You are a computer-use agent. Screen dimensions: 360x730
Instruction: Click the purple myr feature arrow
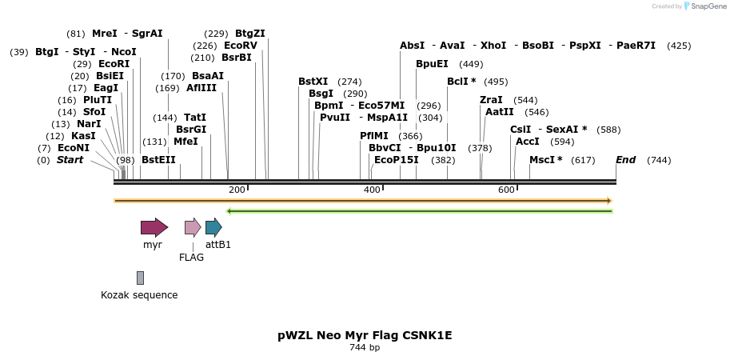tap(154, 227)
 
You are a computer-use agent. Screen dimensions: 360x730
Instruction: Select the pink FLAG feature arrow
tap(193, 227)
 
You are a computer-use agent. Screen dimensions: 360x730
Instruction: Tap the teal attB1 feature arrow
tap(213, 227)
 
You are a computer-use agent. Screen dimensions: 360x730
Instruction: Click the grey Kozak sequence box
tap(140, 278)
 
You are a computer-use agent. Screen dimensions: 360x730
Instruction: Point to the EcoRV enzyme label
tap(240, 46)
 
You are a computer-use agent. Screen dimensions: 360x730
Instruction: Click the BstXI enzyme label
tap(313, 82)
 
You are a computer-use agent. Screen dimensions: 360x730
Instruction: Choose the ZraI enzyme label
tap(491, 100)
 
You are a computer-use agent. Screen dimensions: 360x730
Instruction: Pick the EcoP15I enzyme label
tap(396, 160)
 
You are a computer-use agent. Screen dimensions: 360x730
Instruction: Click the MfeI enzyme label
tap(185, 142)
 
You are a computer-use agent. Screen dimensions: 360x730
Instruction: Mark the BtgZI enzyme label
tap(249, 34)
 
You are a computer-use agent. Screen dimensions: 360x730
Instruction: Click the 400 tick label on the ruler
tap(372, 190)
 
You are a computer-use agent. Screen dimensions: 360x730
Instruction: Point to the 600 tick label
tap(506, 190)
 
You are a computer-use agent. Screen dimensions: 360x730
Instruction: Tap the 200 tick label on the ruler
tap(237, 190)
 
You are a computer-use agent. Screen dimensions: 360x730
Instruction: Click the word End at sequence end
tap(625, 160)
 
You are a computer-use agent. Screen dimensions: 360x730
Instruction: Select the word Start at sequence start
tap(70, 160)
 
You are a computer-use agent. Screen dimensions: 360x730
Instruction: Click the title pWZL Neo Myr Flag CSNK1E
tap(365, 335)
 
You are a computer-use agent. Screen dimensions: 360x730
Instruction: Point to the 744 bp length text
tap(365, 348)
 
